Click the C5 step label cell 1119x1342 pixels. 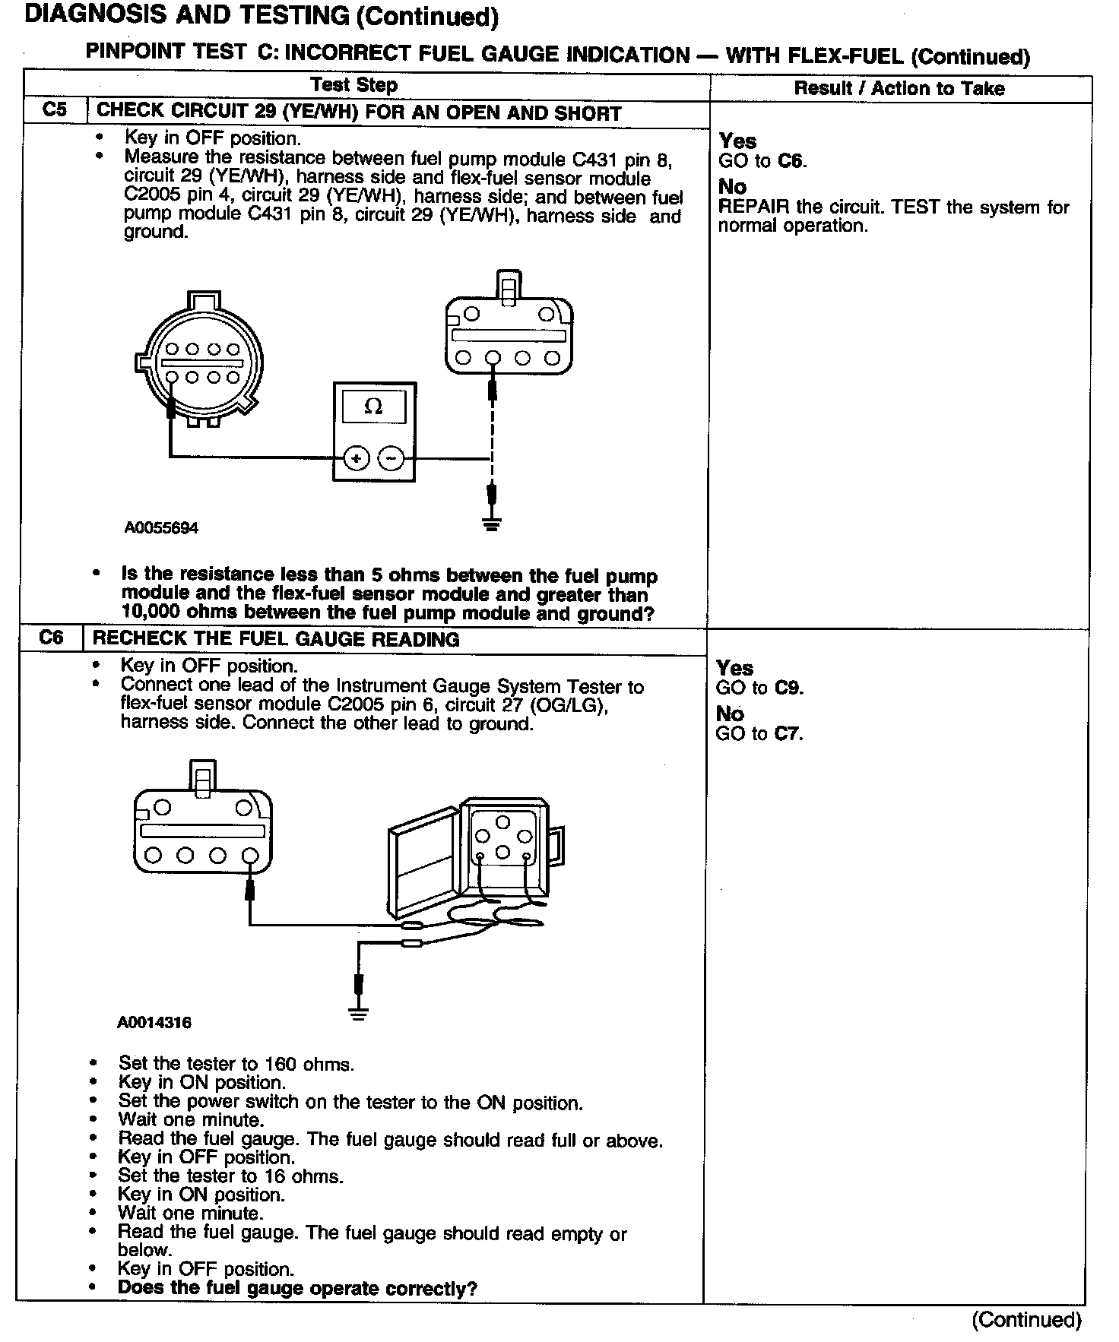55,110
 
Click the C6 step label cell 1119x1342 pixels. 51,638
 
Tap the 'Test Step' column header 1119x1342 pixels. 354,85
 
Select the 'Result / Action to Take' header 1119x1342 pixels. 899,88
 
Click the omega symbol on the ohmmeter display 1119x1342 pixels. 373,407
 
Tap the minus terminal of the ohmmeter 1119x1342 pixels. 391,458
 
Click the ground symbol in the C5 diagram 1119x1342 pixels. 492,524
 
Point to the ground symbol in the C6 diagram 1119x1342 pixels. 359,1014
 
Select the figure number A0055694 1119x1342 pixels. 161,527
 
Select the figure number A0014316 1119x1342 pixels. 154,1023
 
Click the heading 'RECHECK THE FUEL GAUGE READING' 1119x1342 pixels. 276,639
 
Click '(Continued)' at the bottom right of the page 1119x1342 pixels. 1026,1320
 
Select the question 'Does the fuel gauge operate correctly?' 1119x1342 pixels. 297,1289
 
